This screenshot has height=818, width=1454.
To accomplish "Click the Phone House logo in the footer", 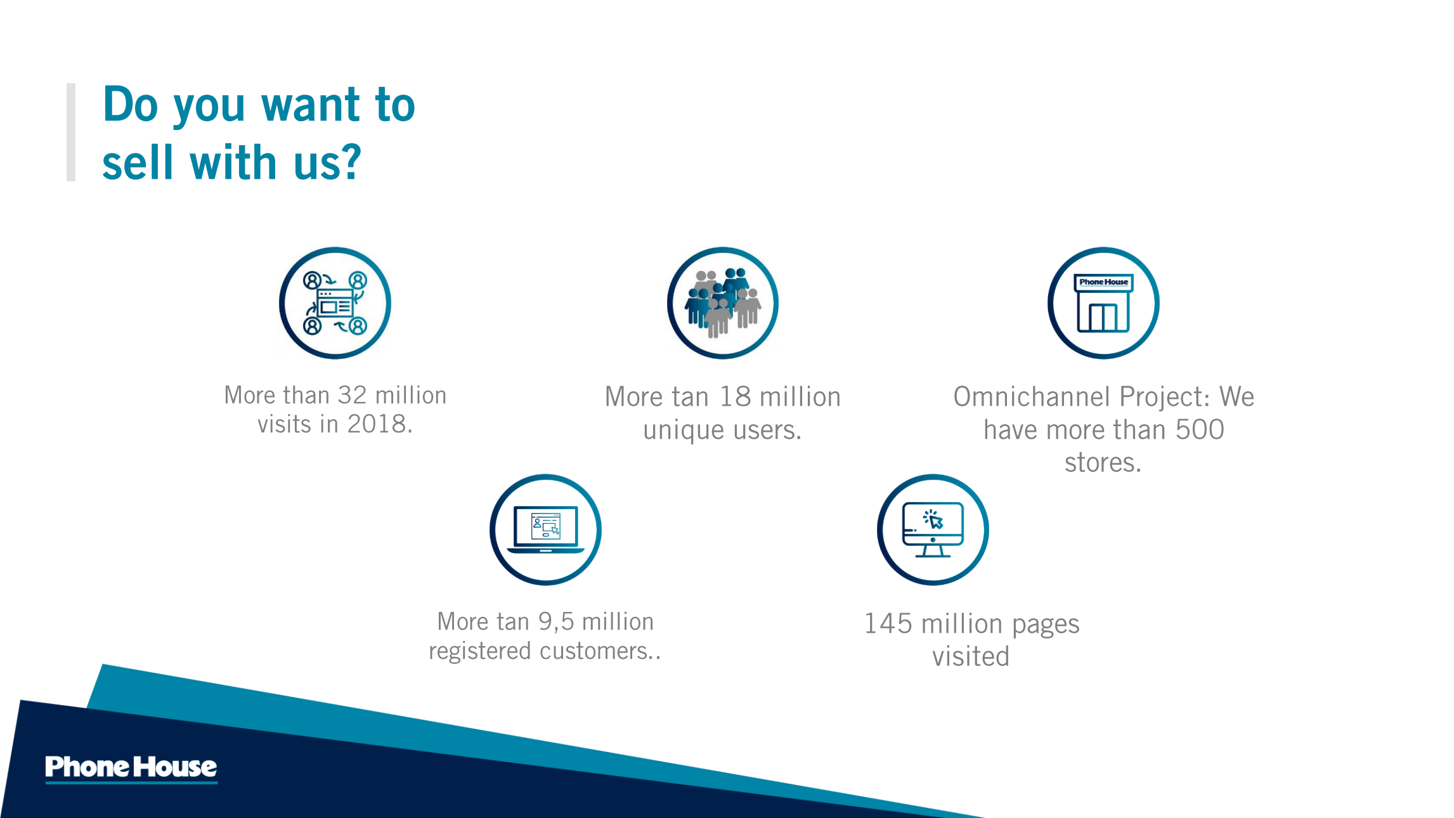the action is pyautogui.click(x=131, y=768).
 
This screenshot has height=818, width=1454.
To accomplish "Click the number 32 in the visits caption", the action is pyautogui.click(x=353, y=395).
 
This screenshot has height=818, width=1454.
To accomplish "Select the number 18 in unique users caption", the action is pyautogui.click(x=736, y=397).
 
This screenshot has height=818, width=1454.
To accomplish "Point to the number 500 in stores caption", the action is pyautogui.click(x=1200, y=430).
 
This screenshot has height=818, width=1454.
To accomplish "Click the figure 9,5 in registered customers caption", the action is pyautogui.click(x=556, y=622).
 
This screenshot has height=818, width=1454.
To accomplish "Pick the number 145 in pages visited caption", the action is pyautogui.click(x=888, y=624).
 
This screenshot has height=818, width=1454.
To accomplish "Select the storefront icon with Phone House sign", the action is pyautogui.click(x=1103, y=303).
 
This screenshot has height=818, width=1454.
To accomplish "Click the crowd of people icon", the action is pyautogui.click(x=723, y=303).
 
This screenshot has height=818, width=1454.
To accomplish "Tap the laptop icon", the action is pyautogui.click(x=545, y=529).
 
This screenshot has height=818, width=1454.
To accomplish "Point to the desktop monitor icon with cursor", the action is pyautogui.click(x=933, y=529).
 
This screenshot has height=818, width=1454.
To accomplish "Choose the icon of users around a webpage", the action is pyautogui.click(x=335, y=303).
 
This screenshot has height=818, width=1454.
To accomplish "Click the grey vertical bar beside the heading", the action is pyautogui.click(x=71, y=132).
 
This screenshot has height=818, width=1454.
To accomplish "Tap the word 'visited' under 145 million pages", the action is pyautogui.click(x=971, y=656).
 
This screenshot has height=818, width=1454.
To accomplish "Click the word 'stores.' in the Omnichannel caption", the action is pyautogui.click(x=1103, y=463).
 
